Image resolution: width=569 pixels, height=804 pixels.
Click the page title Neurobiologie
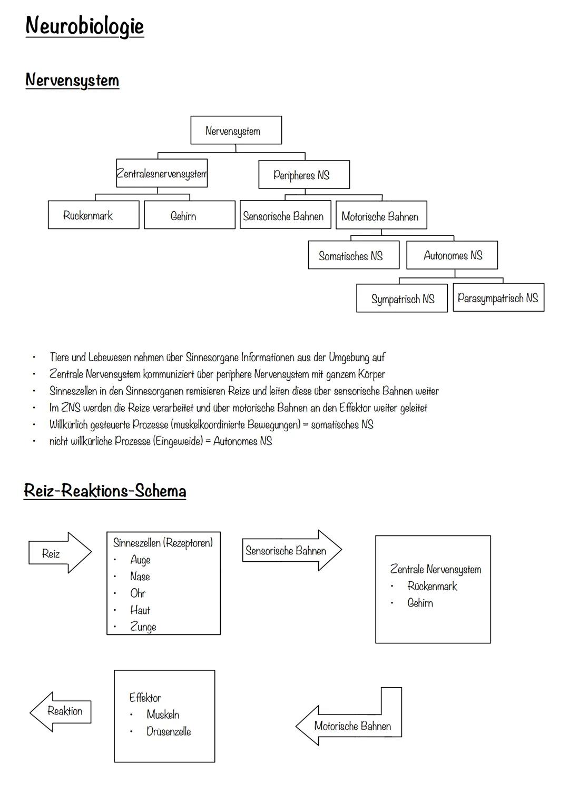click(84, 26)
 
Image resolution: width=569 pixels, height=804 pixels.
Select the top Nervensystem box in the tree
click(236, 131)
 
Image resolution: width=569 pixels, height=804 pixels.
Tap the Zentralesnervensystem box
click(162, 173)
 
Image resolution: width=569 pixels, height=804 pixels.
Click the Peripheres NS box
click(303, 175)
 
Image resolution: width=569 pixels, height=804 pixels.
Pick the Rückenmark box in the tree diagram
click(93, 215)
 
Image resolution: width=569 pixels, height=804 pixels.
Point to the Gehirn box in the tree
click(189, 215)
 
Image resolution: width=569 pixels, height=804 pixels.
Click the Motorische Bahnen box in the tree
click(381, 215)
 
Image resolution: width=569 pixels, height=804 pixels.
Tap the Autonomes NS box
click(452, 255)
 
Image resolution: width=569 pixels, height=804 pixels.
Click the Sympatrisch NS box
click(401, 299)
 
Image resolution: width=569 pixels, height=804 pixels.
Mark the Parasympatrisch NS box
click(498, 297)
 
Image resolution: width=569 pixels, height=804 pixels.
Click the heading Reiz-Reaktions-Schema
click(105, 491)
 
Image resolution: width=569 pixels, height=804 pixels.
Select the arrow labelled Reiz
click(58, 553)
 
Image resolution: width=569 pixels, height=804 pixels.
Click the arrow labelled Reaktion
click(62, 711)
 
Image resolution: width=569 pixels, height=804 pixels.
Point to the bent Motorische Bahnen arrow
click(352, 726)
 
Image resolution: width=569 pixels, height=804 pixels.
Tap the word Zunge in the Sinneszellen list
click(143, 627)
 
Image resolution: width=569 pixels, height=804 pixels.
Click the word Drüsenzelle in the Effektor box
click(169, 731)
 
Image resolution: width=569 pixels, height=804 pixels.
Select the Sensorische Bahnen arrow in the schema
click(290, 551)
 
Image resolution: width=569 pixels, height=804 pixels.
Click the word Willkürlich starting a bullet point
click(68, 424)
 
